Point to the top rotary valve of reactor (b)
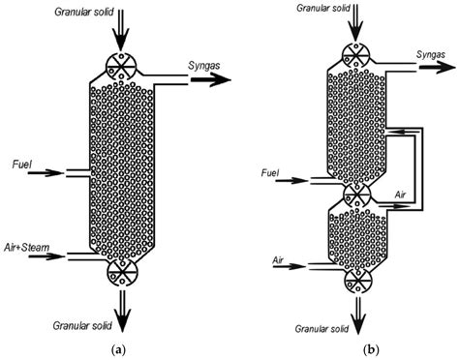point(360,55)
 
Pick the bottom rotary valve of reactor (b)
point(360,280)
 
